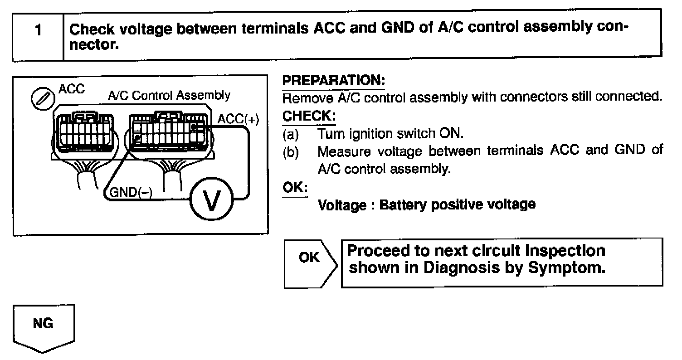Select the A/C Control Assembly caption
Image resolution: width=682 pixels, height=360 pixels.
click(x=169, y=96)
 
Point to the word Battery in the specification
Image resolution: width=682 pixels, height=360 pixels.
click(x=402, y=205)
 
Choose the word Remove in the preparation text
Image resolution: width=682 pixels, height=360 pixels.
click(x=304, y=97)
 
